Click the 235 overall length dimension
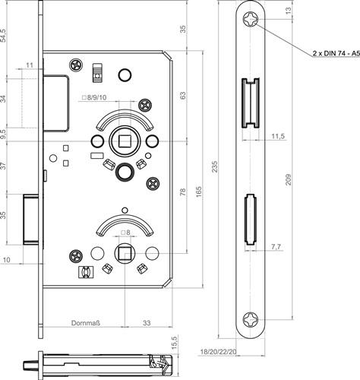point(215,166)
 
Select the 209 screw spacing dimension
point(289,179)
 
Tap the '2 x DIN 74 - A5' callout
point(336,53)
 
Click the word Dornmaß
point(86,323)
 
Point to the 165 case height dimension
point(198,192)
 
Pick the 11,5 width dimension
point(278,136)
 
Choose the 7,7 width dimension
point(276,246)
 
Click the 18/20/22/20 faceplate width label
point(219,352)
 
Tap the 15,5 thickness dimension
point(175,342)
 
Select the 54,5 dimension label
point(3,35)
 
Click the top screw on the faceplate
point(251,19)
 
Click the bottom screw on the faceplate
point(251,319)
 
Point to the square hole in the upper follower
point(124,141)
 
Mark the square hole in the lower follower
point(125,253)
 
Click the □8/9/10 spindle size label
point(94,97)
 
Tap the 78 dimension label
point(182,192)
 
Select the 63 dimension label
point(182,96)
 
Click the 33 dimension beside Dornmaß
point(147,323)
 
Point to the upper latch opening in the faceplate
point(251,103)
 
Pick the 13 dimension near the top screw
point(289,11)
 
